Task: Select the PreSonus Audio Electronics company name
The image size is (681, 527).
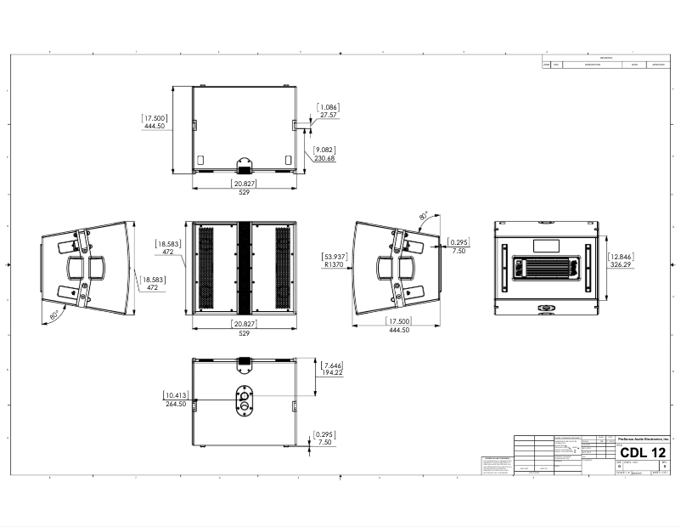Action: click(643, 437)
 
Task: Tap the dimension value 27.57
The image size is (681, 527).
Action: click(328, 115)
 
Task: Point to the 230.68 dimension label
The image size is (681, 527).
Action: click(324, 158)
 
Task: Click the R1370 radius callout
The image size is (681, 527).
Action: click(334, 265)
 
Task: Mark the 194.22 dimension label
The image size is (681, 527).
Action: click(333, 372)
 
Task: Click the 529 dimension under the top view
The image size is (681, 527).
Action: click(244, 193)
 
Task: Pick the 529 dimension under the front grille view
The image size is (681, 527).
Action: click(244, 333)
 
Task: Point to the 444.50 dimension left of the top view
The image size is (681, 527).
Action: click(155, 126)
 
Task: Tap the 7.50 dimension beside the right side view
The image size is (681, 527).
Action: click(459, 252)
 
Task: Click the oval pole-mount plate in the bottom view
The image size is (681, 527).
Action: click(245, 402)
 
